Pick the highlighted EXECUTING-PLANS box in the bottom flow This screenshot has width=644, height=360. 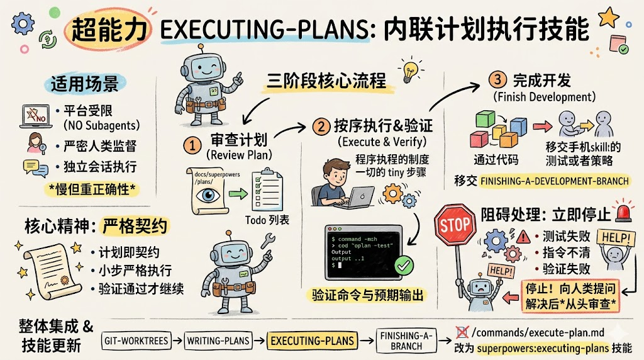click(x=312, y=341)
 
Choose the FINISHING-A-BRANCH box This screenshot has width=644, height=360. click(x=406, y=341)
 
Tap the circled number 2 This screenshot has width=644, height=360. click(x=322, y=126)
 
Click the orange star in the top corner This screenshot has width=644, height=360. click(x=608, y=16)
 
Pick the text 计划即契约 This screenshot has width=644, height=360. click(x=129, y=252)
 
